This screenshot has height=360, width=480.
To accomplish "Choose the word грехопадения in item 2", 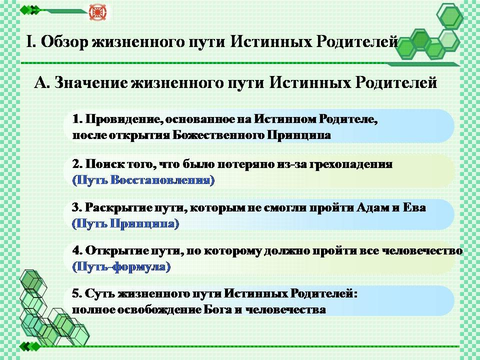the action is click(x=351, y=164).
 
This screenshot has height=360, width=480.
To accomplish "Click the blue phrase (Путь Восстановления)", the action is click(x=143, y=179).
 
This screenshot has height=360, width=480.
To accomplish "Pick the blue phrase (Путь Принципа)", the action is click(x=125, y=223).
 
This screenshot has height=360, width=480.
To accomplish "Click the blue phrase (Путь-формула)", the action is click(x=121, y=266).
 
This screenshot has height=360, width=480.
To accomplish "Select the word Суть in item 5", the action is click(x=99, y=294).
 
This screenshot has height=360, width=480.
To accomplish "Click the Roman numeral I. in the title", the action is click(x=31, y=41).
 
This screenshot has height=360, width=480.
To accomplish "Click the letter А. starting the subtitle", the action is click(x=42, y=82).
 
